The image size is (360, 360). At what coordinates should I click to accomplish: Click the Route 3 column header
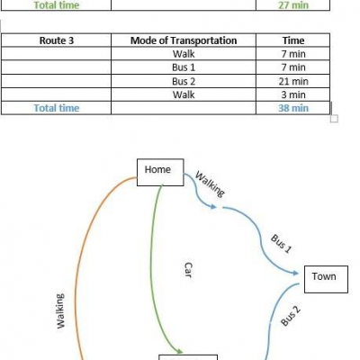click(x=57, y=40)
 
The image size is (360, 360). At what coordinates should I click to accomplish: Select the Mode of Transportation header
click(x=184, y=40)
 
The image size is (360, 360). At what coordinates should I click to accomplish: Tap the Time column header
click(x=293, y=40)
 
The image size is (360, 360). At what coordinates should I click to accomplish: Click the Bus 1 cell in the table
click(x=184, y=67)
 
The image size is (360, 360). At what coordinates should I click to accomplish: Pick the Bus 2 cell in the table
click(x=184, y=81)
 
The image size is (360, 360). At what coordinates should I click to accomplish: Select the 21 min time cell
click(x=293, y=81)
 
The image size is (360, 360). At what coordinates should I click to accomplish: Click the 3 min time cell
click(x=293, y=94)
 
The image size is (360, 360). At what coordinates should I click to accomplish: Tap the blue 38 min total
click(x=293, y=108)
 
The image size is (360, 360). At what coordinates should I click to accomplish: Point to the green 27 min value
click(x=293, y=4)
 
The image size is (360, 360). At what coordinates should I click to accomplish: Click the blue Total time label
click(x=57, y=108)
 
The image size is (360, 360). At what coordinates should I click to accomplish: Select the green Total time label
click(x=57, y=4)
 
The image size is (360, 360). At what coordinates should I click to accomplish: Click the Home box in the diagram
click(x=160, y=172)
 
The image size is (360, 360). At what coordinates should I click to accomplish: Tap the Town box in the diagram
click(x=326, y=279)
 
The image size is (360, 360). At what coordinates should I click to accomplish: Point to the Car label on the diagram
click(x=188, y=270)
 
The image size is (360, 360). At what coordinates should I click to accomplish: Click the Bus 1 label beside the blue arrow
click(x=281, y=244)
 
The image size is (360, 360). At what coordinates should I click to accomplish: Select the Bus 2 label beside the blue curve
click(x=291, y=316)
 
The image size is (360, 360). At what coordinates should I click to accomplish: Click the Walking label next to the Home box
click(x=210, y=184)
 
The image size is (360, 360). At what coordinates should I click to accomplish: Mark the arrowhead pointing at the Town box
click(x=295, y=273)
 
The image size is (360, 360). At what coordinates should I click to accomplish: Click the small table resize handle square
click(x=334, y=119)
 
